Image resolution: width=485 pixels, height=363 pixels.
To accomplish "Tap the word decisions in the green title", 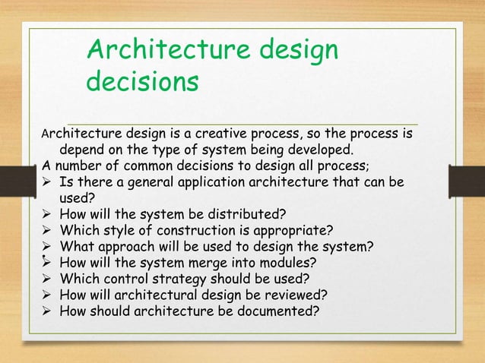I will (x=143, y=81).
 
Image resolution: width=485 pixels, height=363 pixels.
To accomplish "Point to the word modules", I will (x=290, y=263).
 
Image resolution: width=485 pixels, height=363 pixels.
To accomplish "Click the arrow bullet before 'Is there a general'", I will (x=48, y=181).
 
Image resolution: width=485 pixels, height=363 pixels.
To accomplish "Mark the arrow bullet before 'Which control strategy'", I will (x=48, y=279).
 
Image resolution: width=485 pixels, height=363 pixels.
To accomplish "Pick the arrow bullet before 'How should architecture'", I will (x=48, y=311).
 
